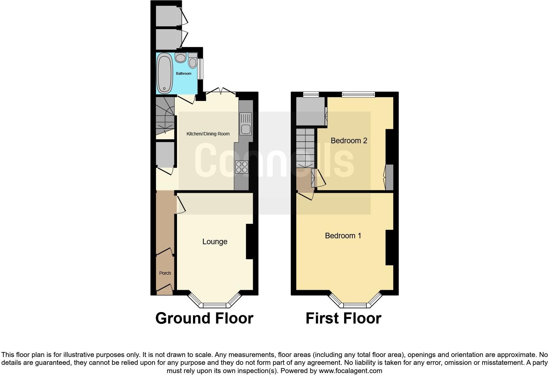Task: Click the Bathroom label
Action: tap(184, 73)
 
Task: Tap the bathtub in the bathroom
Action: tap(165, 73)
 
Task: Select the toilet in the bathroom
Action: tap(193, 61)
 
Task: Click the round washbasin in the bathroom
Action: tap(180, 58)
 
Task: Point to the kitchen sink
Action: tap(245, 124)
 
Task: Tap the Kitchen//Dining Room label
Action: tap(208, 134)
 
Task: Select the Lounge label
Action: tap(215, 242)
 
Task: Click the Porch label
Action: tap(165, 273)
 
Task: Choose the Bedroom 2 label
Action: tap(349, 141)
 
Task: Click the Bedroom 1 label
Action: tap(343, 236)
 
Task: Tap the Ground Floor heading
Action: tap(204, 318)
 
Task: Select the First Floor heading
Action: tap(343, 318)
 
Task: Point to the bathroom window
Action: tap(200, 69)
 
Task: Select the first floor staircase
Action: tap(305, 148)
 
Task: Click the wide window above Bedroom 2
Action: tap(358, 95)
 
